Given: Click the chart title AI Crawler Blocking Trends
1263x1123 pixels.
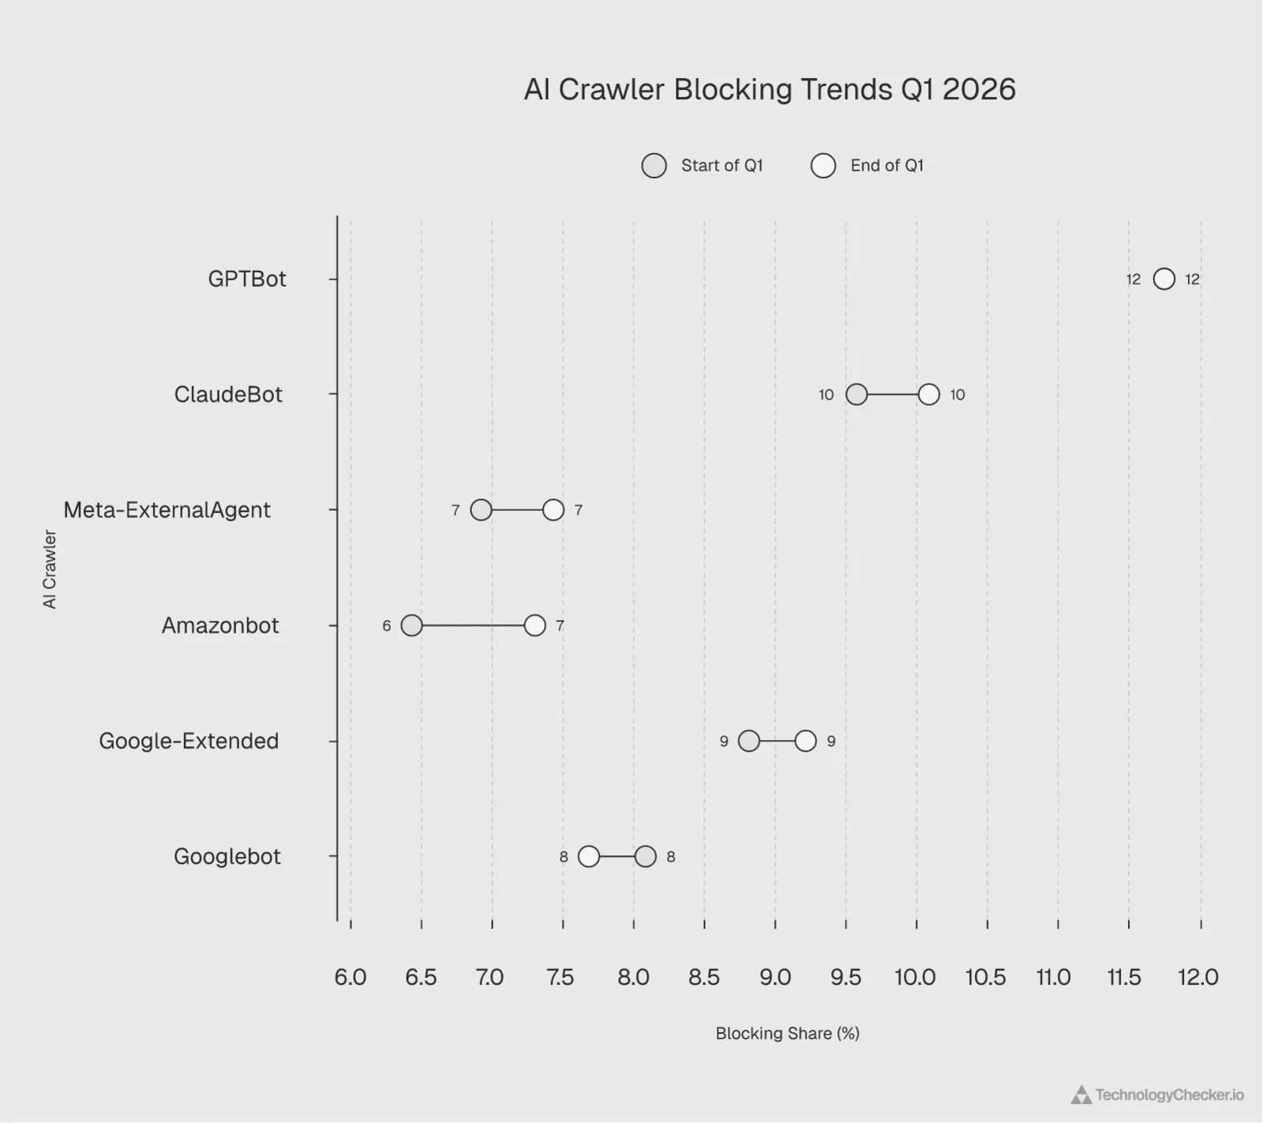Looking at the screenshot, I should (770, 89).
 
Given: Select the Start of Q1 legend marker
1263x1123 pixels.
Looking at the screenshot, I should (654, 166).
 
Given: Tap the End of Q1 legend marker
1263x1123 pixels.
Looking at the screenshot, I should (823, 166).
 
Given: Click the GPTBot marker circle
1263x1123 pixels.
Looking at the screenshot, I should (1164, 279).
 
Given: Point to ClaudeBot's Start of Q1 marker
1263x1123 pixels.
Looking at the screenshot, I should (856, 394).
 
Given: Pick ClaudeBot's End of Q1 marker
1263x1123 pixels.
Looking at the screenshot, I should (929, 394).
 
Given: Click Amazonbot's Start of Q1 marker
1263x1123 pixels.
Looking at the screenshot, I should (411, 625).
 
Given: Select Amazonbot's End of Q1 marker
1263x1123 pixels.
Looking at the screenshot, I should (535, 625).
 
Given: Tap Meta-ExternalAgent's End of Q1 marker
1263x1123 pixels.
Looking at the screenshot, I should (553, 510).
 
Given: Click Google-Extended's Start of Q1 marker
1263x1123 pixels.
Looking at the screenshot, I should (749, 741).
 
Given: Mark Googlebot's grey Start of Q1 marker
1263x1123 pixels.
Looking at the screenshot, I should (646, 856).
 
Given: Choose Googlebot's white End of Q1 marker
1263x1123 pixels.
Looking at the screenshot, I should (589, 856).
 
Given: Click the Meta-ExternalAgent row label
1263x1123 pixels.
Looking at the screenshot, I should (167, 510).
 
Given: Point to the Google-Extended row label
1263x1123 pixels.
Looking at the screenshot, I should (189, 741).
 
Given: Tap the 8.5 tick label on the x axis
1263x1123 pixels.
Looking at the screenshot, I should (704, 978).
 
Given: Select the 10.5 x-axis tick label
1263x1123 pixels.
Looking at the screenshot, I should (986, 978).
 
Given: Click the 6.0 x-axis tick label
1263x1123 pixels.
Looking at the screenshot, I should (350, 978).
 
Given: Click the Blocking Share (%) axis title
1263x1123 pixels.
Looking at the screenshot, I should (787, 1033).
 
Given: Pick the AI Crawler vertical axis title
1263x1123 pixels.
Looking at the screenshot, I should (50, 569).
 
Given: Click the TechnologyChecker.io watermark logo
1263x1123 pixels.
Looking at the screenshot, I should (1157, 1095).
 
